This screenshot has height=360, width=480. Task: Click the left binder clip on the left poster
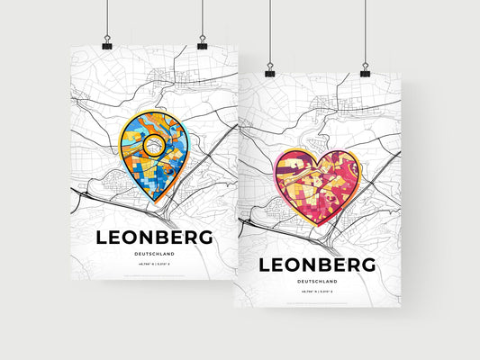click(x=107, y=44)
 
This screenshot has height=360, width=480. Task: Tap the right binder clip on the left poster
click(x=202, y=44)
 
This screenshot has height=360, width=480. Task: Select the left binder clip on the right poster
click(x=269, y=69)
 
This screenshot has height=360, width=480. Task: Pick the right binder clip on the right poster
click(x=366, y=68)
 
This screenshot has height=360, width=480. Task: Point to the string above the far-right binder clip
click(x=366, y=31)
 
